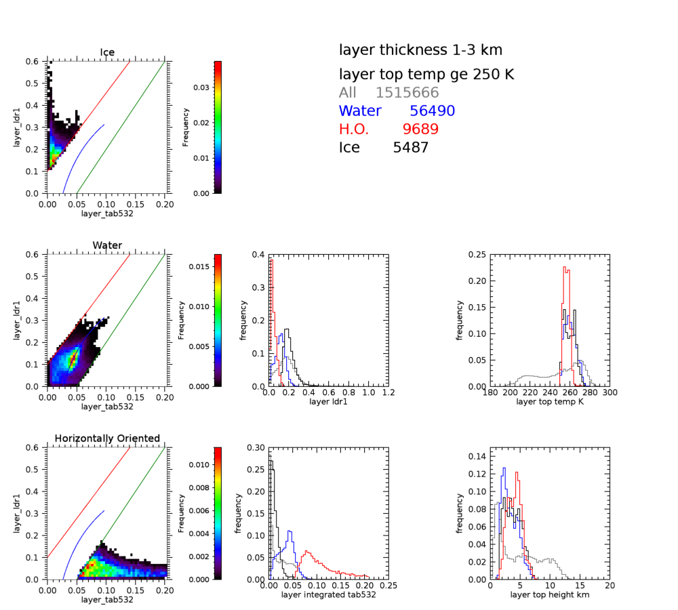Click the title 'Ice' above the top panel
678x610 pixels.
point(107,52)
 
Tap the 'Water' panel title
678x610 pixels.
point(107,245)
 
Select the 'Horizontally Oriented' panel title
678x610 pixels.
point(107,439)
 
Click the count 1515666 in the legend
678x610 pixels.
point(407,93)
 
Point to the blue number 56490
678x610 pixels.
point(432,111)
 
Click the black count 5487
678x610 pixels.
point(411,147)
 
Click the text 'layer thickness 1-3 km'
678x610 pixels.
point(420,50)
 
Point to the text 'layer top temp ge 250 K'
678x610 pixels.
point(426,75)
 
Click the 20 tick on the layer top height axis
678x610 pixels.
point(610,586)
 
